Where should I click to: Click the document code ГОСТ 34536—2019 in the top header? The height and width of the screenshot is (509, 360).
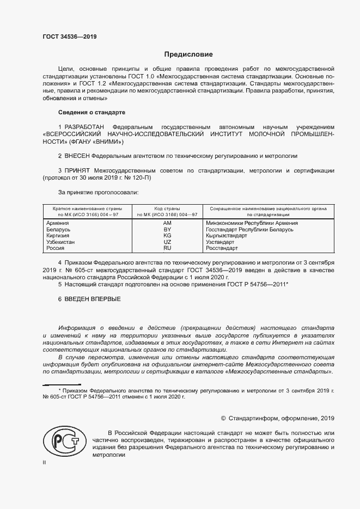[x=69, y=38]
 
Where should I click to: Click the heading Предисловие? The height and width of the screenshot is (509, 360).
[x=189, y=54]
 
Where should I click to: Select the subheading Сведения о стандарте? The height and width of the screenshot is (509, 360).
[x=91, y=112]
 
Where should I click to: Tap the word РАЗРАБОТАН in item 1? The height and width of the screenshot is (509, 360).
[x=86, y=126]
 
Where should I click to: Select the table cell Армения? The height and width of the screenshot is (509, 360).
[x=58, y=223]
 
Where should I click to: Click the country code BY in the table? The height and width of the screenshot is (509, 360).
[x=167, y=230]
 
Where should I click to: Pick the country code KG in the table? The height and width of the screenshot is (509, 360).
[x=167, y=236]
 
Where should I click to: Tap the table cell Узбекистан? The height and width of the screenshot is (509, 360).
[x=61, y=242]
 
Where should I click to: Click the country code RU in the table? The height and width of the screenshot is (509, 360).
[x=167, y=248]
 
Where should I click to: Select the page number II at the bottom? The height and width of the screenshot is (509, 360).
[x=44, y=462]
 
